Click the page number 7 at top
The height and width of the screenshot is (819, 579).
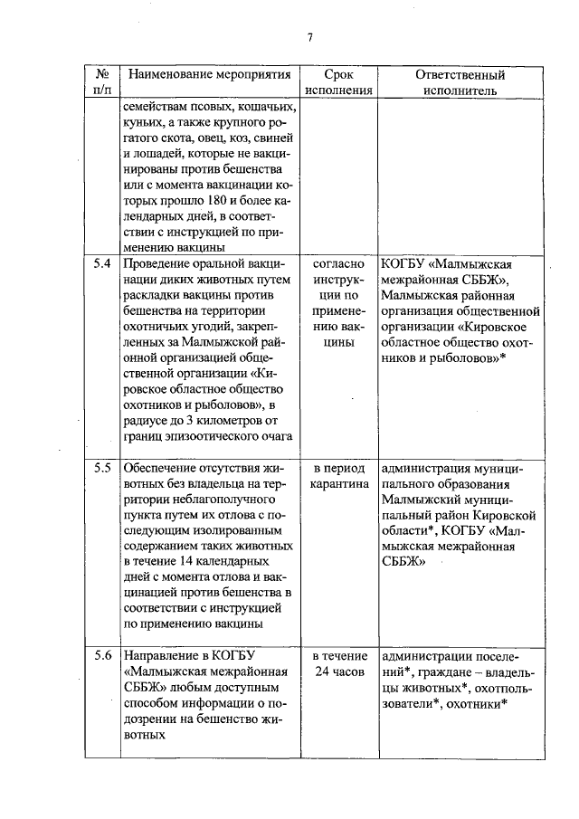pos(309,37)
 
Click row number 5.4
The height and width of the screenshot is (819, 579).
pos(102,265)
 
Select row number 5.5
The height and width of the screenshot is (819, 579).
pos(102,469)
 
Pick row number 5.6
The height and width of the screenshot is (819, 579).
pos(102,655)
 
